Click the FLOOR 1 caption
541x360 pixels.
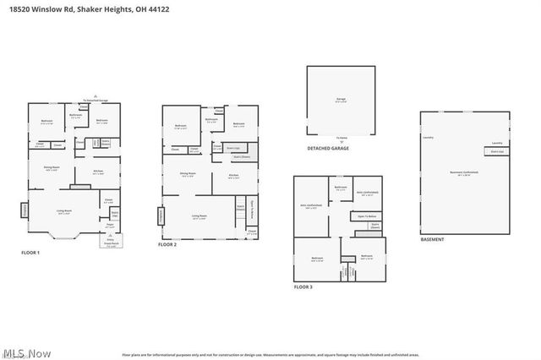pos(30,252)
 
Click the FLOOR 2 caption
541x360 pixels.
pos(167,244)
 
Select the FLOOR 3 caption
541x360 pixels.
pos(303,287)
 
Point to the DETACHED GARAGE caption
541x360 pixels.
pos(328,148)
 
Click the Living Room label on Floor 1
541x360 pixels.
pos(63,214)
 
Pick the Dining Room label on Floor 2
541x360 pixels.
pos(188,175)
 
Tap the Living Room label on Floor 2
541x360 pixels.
pos(199,216)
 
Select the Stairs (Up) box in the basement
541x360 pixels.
pos(497,154)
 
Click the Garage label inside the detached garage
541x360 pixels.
pos(342,99)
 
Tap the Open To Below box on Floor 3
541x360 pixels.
pos(368,217)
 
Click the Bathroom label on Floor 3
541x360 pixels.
pos(341,188)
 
